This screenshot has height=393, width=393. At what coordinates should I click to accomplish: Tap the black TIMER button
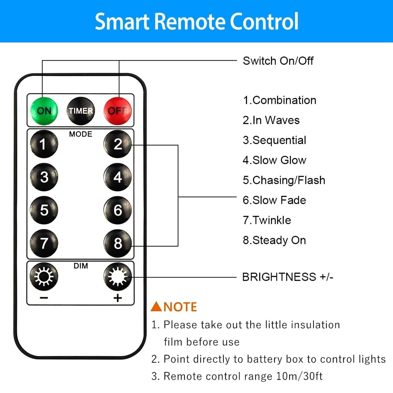coord(81,111)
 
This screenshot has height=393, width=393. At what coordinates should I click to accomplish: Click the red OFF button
coord(117,111)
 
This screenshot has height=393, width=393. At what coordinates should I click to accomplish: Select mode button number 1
coord(44,144)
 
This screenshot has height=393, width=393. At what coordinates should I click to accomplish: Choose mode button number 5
coord(44,210)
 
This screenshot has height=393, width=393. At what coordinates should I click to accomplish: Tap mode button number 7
coord(44,243)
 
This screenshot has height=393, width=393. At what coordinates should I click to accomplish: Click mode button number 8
coord(117,243)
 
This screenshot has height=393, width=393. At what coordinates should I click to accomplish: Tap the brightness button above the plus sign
coord(117,277)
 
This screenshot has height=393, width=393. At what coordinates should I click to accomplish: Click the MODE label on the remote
coord(80,134)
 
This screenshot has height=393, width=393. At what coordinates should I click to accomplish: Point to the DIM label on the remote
coord(80,266)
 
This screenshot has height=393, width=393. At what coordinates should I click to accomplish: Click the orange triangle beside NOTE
coord(156,307)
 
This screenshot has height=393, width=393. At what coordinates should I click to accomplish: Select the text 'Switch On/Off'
coord(278,61)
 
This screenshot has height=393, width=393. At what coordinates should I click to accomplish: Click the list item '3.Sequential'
coord(274,140)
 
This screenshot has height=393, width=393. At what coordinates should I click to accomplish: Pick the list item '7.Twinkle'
coord(267,220)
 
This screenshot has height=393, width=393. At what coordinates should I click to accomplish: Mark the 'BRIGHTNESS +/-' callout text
coord(287,277)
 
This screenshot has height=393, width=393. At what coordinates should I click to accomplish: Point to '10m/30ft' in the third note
coord(299,376)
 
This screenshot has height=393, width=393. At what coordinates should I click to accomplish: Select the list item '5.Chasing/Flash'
coord(284,180)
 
